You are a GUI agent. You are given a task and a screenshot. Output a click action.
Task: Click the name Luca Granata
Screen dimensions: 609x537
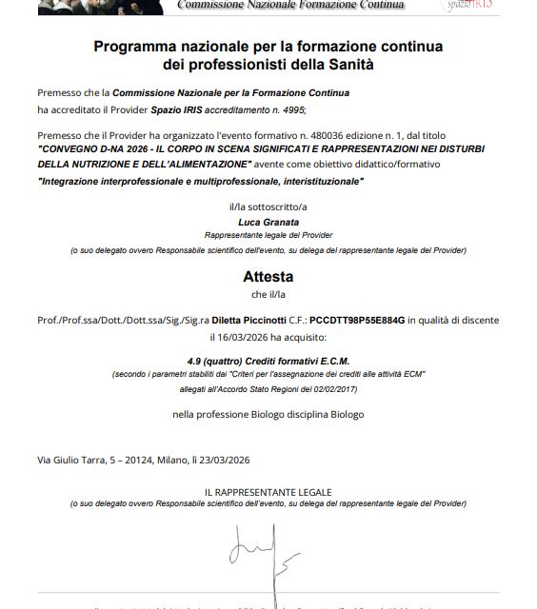tap(268, 222)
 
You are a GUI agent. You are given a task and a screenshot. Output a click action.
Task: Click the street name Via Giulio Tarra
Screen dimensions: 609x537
tap(70, 460)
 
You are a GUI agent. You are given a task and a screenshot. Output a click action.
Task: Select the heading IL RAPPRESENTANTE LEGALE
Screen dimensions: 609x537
tap(268, 491)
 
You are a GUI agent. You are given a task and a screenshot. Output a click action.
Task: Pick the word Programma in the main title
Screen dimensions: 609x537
tap(131, 46)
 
